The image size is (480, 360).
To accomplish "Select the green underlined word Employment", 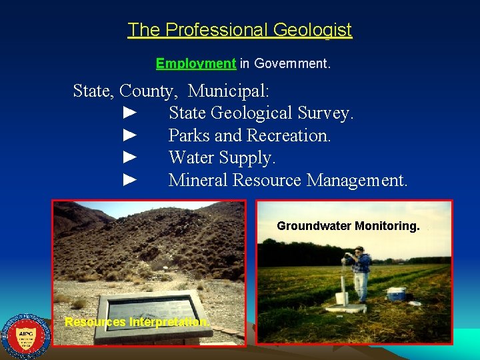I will [195, 64].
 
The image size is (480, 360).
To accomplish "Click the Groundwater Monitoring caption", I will [348, 226].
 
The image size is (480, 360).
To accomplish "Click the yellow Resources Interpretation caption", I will [137, 323].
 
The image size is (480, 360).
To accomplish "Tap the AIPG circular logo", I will [26, 337].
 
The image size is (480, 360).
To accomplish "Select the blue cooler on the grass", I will [396, 293].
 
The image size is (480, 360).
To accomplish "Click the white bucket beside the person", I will [342, 297].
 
